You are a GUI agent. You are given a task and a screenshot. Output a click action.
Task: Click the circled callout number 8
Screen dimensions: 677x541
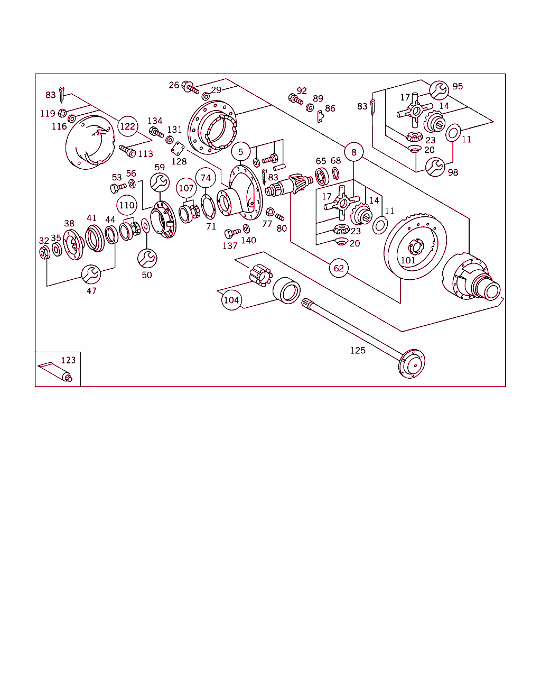pos(354,152)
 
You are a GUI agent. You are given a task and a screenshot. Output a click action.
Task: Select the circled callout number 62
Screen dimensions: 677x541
pos(339,268)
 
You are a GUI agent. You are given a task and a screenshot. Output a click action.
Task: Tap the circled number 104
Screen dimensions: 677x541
pos(231,300)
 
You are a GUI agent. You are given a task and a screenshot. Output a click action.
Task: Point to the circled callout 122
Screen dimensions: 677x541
pos(127,126)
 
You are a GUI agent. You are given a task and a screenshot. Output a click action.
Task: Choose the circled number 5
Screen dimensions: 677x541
pos(240,152)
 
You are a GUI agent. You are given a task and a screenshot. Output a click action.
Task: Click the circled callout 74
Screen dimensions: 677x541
pos(206,178)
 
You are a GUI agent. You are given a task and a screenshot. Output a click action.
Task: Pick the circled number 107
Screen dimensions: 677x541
pos(186,188)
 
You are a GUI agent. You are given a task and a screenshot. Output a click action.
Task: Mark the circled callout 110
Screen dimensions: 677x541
pos(127,205)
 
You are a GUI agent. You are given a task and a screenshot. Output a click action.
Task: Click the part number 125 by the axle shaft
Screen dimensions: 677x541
pos(358,350)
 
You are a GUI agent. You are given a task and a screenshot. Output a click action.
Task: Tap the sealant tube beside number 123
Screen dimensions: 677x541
pos(55,371)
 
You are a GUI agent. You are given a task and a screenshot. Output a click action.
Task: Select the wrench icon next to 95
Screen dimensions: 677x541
pos(439,90)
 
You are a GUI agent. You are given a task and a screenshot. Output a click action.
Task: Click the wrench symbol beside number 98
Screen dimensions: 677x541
pos(435,167)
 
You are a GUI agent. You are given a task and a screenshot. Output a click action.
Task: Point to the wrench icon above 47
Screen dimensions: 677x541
pos(91,275)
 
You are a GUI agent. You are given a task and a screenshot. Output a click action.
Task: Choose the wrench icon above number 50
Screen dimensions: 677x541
pos(147,258)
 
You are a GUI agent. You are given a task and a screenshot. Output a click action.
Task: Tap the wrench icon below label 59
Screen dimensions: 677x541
pos(160,183)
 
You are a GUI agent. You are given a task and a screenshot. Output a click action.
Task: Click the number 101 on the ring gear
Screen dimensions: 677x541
pos(407,260)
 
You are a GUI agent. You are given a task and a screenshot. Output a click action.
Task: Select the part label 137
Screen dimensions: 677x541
pos(230,246)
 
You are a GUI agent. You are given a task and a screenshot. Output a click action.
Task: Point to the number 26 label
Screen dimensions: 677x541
pos(174,85)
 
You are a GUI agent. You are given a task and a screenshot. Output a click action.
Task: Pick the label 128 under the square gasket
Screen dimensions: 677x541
pos(179,161)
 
